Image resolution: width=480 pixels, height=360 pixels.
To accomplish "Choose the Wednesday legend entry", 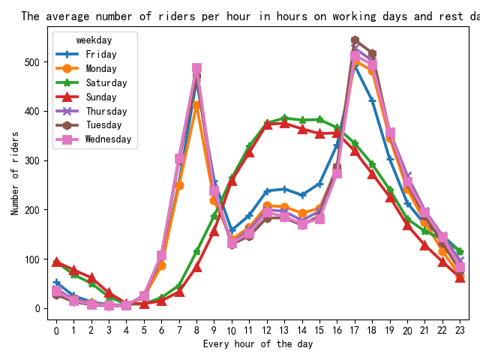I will point(108,139).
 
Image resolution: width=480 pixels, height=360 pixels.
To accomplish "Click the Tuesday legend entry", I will point(103,124).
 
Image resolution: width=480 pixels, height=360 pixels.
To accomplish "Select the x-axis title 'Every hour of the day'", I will point(258,344).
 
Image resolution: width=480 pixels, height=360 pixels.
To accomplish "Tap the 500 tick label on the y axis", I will point(32,62).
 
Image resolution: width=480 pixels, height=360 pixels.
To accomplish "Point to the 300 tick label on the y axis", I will point(32,160).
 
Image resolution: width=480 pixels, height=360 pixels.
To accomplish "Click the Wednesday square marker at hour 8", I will point(196,69).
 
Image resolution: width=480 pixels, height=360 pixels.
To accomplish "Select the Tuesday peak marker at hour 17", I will point(355,40).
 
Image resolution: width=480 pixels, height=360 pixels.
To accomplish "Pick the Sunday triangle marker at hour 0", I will point(56,262).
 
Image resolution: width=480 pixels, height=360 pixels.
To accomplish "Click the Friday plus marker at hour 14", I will point(302,195).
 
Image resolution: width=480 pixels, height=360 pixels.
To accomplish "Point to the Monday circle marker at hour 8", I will point(196,105).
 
